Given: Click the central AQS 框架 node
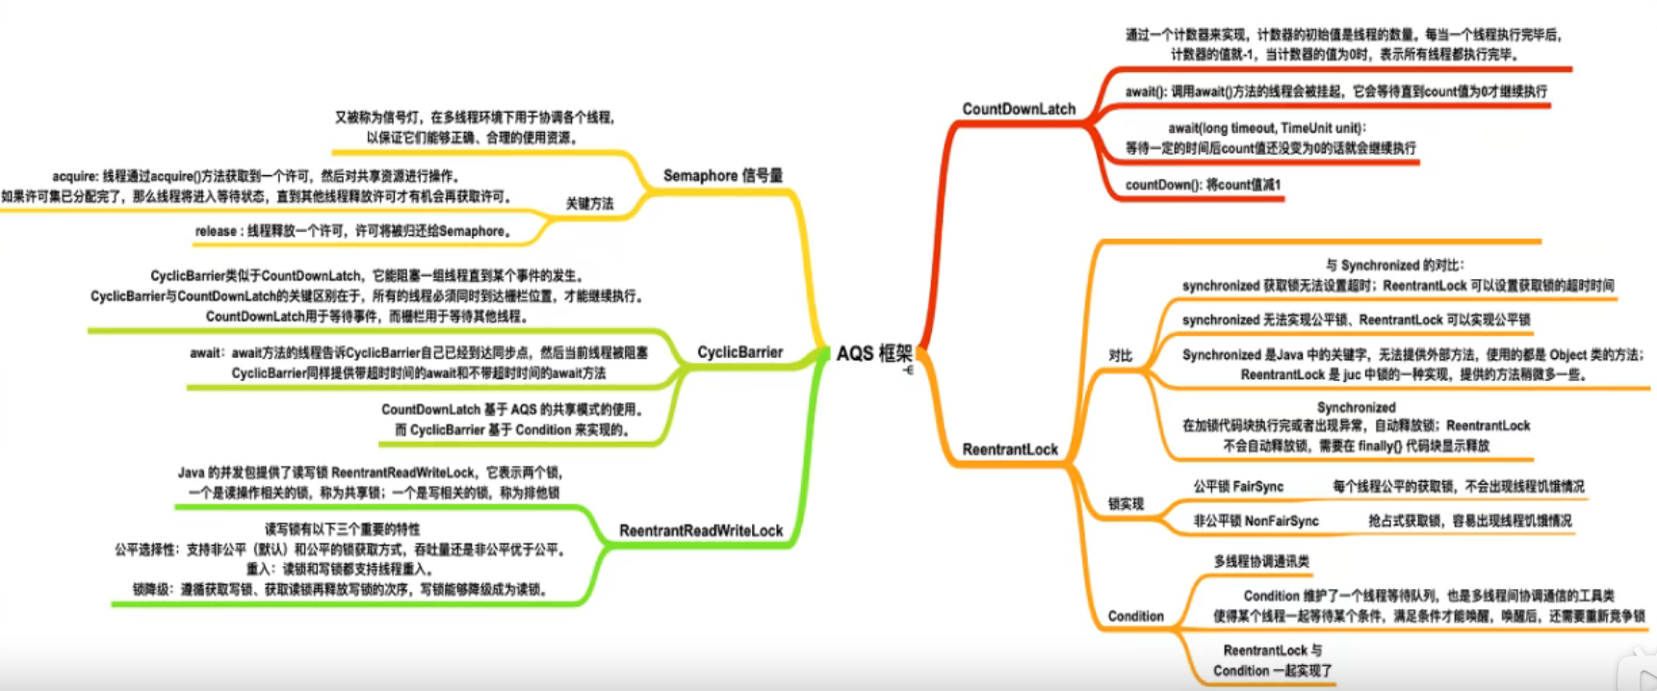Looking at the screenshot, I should point(873,353).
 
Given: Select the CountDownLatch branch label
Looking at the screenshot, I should point(1019,109).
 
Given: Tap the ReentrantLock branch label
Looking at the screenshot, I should point(1010,449).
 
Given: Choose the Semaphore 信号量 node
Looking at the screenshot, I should point(722,175).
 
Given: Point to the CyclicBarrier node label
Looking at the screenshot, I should point(739,352).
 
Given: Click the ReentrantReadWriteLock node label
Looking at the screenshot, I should point(701,530).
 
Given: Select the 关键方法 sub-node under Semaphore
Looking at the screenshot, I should point(589,204).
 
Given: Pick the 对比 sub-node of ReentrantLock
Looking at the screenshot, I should point(1120,355).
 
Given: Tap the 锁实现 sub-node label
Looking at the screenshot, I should point(1126,503).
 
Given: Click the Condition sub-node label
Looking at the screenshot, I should point(1135,616).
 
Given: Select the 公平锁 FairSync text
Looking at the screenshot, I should point(1238,487).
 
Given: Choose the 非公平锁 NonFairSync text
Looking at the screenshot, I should point(1256,521).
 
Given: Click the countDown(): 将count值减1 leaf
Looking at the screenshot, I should point(1203,185).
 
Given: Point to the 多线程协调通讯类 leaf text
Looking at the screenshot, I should point(1261,561).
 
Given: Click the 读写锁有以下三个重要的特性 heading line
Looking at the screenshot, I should point(342,529).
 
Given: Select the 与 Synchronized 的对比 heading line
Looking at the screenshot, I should point(1394,265).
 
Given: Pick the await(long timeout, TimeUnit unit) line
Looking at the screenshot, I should point(1267,128).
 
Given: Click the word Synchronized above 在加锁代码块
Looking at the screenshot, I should point(1356,407).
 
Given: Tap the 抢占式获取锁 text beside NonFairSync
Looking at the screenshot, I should point(1469,521).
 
